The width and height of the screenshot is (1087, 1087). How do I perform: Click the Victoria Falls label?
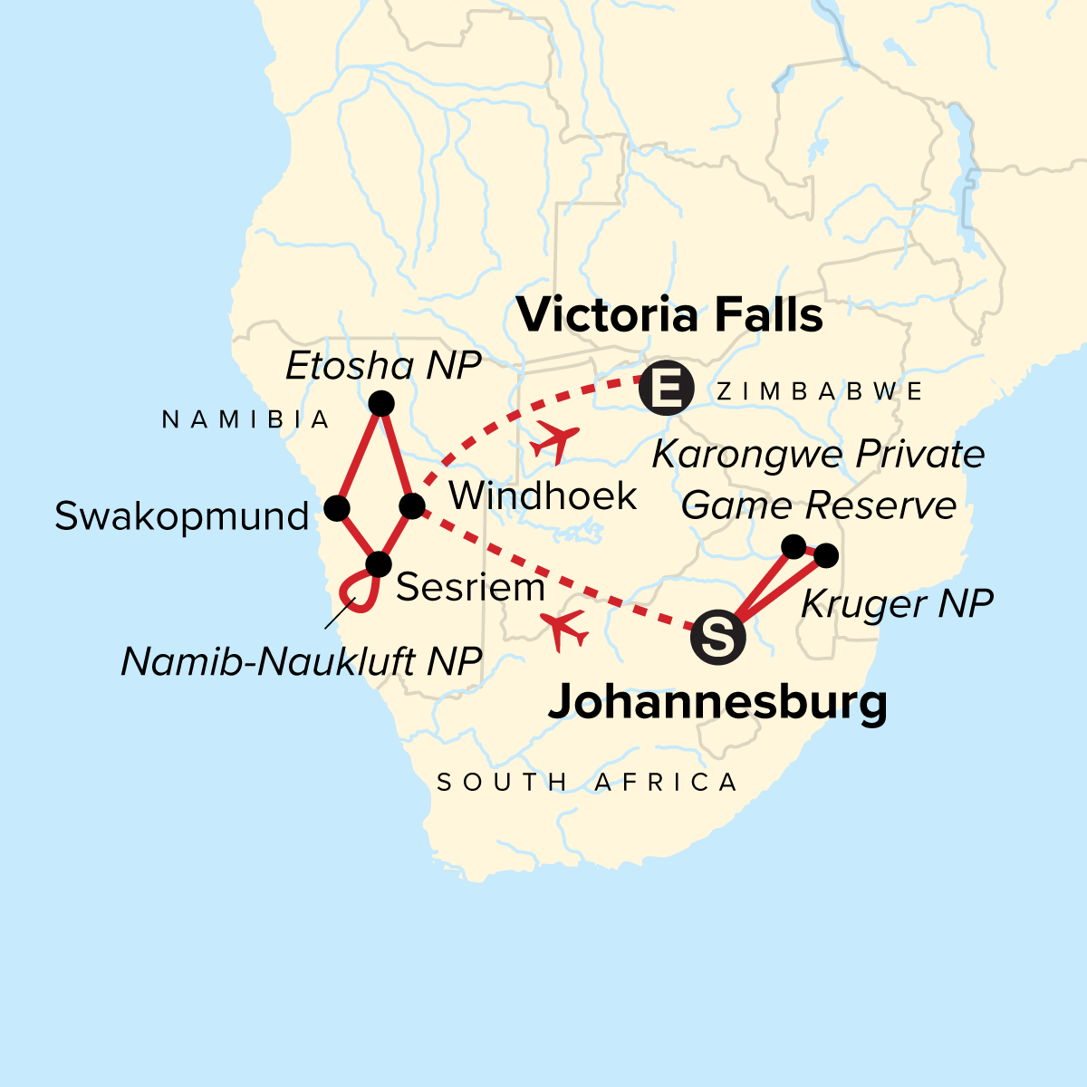(669, 316)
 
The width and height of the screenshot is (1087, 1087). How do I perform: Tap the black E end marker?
(666, 390)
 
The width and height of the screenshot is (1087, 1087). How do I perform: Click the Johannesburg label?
(717, 702)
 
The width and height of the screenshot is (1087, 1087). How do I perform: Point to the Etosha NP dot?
(381, 403)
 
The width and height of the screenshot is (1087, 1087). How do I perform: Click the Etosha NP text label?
(383, 367)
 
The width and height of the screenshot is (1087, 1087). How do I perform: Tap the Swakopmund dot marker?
(337, 508)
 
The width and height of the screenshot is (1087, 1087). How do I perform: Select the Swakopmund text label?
(182, 516)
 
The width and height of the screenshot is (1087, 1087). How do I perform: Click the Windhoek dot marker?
(411, 505)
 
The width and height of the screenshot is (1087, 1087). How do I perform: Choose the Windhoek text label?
(543, 496)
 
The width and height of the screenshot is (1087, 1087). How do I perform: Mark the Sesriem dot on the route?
(378, 565)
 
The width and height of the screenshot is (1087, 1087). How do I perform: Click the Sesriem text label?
(470, 588)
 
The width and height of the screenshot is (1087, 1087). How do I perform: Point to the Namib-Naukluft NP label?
(301, 662)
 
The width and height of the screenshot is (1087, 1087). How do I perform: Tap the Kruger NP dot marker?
(825, 555)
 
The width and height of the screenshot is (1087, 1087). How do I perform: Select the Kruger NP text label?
(897, 604)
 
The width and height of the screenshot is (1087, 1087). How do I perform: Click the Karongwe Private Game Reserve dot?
(793, 546)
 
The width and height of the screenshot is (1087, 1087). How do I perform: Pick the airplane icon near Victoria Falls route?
(553, 440)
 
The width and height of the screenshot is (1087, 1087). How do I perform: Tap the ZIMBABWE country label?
(820, 391)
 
